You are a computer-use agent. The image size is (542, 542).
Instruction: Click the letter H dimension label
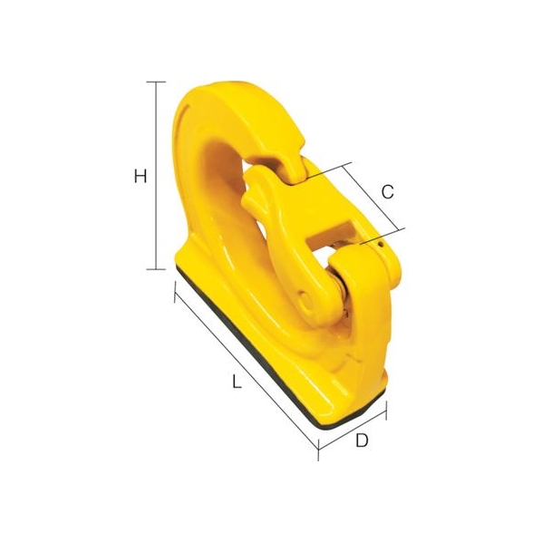140,177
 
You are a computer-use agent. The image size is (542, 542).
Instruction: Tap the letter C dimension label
388,192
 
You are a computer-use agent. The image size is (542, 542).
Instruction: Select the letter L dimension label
237,382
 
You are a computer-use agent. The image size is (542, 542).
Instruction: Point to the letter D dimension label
362,440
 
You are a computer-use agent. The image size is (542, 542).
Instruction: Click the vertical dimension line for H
157,176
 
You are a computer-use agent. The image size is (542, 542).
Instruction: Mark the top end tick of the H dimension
156,82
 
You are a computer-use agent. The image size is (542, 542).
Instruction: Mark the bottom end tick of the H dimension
156,269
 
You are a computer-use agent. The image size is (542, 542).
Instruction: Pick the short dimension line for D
352,430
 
